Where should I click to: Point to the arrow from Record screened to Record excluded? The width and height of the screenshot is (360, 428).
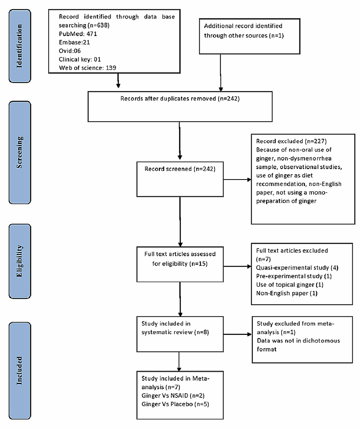click(x=237, y=180)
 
